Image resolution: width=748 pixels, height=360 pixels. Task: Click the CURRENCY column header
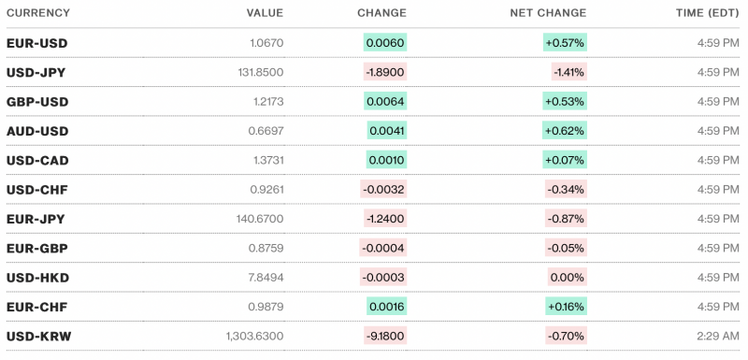point(39,13)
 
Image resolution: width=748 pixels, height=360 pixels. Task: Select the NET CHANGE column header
point(548,13)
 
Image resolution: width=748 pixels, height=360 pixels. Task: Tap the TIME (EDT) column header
point(709,13)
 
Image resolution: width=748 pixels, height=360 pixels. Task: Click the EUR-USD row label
point(37,43)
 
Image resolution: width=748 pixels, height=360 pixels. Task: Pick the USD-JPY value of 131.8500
point(258,72)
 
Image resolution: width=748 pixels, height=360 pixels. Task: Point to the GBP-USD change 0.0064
point(386,101)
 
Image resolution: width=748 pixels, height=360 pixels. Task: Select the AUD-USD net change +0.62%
point(565,131)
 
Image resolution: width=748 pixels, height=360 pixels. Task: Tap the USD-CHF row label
point(37,190)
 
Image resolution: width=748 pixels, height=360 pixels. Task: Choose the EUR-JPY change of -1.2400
point(384,219)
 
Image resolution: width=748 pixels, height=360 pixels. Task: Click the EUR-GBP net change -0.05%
point(567,248)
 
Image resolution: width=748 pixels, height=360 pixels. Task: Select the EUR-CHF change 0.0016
point(386,307)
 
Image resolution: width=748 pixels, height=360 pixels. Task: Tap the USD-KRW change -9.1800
point(384,336)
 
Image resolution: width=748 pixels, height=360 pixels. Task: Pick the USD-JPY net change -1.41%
point(568,72)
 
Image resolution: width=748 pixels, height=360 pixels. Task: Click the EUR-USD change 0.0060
point(386,43)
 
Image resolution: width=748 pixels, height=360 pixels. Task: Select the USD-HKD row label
point(37,278)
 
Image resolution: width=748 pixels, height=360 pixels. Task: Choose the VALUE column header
point(265,13)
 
